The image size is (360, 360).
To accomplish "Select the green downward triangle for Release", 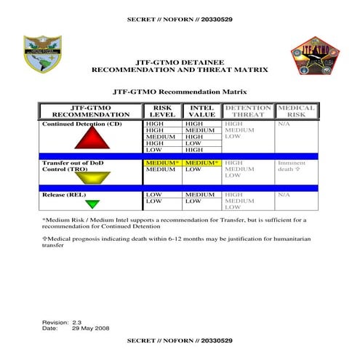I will [92, 204].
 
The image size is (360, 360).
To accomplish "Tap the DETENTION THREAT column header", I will [248, 111].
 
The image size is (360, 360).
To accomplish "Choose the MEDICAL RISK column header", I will [297, 111].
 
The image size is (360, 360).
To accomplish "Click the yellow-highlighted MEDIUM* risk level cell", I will [162, 163].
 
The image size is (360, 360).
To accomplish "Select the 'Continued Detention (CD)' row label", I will [81, 124].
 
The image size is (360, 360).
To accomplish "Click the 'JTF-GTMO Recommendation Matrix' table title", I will [179, 93].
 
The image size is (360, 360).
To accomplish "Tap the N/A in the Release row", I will [283, 194].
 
